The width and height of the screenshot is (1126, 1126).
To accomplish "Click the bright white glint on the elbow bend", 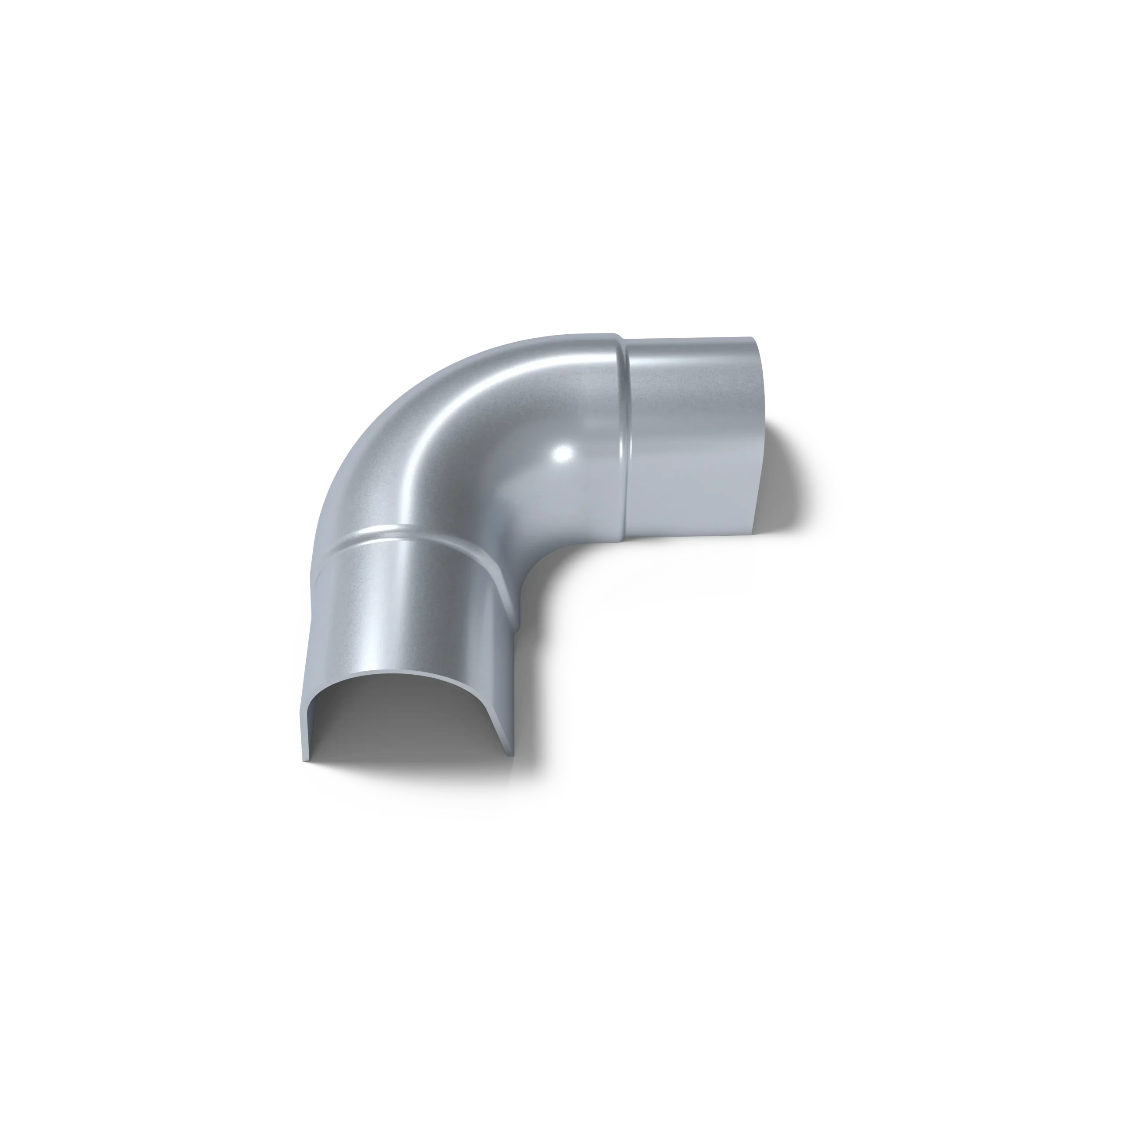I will pyautogui.click(x=563, y=454).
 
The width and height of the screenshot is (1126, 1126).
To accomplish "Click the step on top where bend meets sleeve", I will pyautogui.click(x=619, y=336).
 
